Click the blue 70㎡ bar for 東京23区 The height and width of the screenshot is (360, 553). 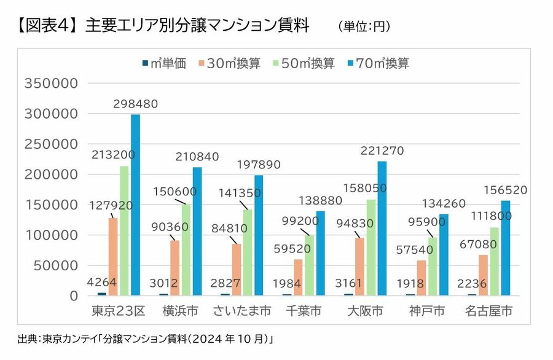tap(135, 205)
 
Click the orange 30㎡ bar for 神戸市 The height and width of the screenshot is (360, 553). tap(421, 278)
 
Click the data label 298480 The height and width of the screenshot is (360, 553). tap(135, 104)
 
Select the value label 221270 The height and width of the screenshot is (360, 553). tap(382, 151)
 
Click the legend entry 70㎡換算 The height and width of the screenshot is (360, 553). tap(378, 63)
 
